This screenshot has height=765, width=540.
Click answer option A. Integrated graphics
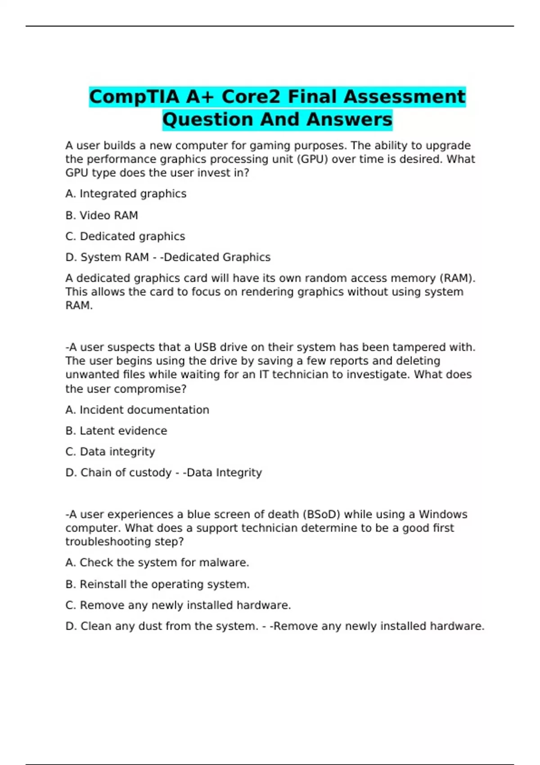[126, 194]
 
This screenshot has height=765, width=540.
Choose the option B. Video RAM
[102, 216]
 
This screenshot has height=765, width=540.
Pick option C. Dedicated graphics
[125, 237]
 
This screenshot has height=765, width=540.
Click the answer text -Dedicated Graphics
[216, 257]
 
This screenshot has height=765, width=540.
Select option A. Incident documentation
[137, 410]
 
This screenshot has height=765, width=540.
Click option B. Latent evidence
[116, 431]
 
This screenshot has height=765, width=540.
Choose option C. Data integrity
[110, 452]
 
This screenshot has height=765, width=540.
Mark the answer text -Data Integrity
[223, 473]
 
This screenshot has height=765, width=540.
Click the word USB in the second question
[205, 347]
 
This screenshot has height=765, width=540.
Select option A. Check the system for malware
[157, 563]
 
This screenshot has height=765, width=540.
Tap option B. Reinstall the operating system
[157, 585]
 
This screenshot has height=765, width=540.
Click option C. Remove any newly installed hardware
[178, 606]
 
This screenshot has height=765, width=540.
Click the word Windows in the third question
[443, 514]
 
